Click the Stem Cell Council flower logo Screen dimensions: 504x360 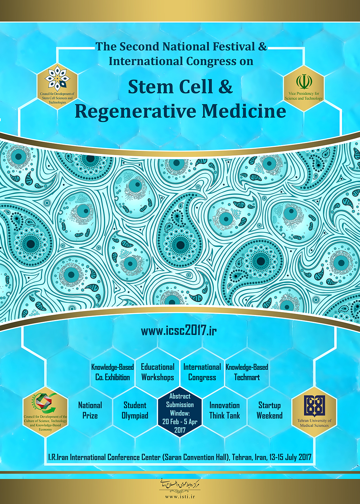pyautogui.click(x=57, y=77)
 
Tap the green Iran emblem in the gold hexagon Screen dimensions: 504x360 pyautogui.click(x=304, y=81)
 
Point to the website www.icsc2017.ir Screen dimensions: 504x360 pyautogui.click(x=179, y=330)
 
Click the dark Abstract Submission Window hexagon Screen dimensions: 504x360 pyautogui.click(x=180, y=413)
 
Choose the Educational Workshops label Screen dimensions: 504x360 pyautogui.click(x=157, y=372)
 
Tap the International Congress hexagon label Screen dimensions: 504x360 pyautogui.click(x=202, y=372)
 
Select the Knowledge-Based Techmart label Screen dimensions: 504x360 pyautogui.click(x=247, y=372)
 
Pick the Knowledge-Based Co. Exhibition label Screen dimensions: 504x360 pyautogui.click(x=112, y=372)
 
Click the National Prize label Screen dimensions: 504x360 pyautogui.click(x=90, y=410)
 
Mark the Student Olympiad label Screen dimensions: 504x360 pyautogui.click(x=135, y=410)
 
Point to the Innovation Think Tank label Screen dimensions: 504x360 pyautogui.click(x=224, y=410)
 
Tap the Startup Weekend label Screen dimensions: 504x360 pyautogui.click(x=269, y=410)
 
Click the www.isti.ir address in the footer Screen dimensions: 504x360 pyautogui.click(x=180, y=496)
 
